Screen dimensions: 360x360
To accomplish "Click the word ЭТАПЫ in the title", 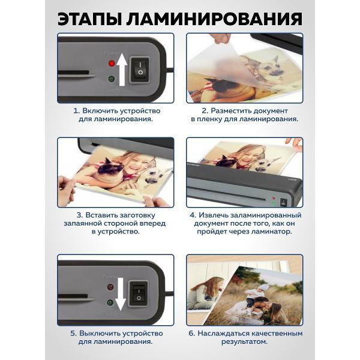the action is point(89,19).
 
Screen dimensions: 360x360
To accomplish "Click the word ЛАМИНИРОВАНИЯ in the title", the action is point(214,19).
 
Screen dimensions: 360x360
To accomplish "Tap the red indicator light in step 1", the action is point(112,63).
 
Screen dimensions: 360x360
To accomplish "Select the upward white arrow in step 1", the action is point(122,70).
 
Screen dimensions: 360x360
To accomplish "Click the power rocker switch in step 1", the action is point(140,70).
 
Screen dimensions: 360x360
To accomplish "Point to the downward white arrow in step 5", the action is point(121,294).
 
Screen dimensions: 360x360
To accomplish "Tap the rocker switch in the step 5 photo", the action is point(138,293).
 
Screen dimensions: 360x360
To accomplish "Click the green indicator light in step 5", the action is point(110,302).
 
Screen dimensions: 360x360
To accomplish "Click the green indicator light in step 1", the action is point(112,79).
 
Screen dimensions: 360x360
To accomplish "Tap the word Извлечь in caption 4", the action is point(213,215).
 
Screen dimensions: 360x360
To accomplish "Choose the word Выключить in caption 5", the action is point(100,334).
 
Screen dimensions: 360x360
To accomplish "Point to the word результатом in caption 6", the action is point(245,342).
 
